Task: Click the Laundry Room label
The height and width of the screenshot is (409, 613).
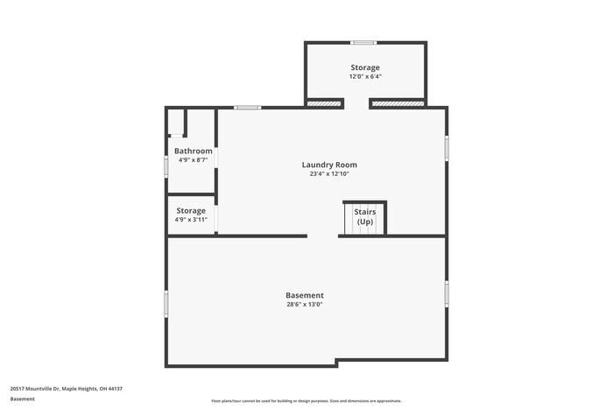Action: (x=329, y=165)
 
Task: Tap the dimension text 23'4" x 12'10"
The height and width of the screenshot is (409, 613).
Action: (x=329, y=173)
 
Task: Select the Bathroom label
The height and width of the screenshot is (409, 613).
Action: (x=193, y=151)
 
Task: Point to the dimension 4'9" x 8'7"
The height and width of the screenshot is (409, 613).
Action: (x=193, y=160)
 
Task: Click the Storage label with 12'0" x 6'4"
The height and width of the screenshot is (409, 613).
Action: (x=365, y=67)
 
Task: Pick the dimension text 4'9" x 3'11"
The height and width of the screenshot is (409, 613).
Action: (x=191, y=220)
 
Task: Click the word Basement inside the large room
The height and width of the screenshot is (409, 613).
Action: (x=305, y=295)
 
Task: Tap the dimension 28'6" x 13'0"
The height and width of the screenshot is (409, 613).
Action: (x=305, y=305)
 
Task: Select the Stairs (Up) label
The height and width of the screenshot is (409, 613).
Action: (x=364, y=216)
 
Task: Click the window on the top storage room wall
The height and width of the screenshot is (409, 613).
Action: (x=363, y=42)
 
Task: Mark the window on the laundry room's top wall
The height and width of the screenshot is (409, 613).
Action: (x=248, y=108)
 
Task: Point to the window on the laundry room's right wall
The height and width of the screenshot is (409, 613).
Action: (x=446, y=148)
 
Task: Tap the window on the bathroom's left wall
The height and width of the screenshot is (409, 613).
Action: (x=166, y=166)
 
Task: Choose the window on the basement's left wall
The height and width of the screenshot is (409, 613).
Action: (x=166, y=304)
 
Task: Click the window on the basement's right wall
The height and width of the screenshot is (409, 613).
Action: (x=446, y=293)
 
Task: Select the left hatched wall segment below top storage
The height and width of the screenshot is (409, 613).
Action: (x=324, y=103)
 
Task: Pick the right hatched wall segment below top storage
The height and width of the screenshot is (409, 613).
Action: (x=398, y=103)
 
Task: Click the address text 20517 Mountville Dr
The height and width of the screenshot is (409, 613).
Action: (x=67, y=388)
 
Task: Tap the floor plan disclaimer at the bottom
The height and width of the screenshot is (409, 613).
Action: (x=306, y=399)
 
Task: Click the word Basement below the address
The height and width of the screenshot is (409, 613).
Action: (x=23, y=398)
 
